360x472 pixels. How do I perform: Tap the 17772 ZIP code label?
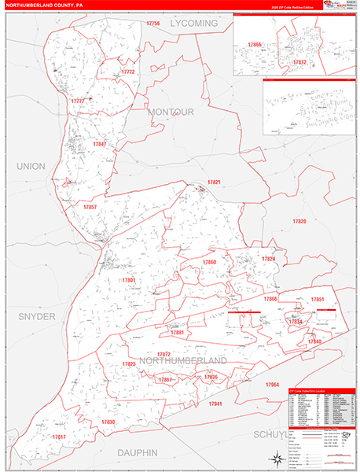pos(127,72)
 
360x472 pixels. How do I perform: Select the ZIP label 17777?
pos(77,102)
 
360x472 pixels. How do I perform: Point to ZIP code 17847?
pos(99,144)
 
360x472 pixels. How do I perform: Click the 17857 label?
pos(90,207)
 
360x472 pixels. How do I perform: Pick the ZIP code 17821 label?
pos(214,183)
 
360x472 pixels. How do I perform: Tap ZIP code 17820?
pos(299,222)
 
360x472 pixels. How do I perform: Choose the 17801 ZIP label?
pos(129,280)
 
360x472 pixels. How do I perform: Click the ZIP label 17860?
pos(209,262)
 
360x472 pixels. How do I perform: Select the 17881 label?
pos(177,333)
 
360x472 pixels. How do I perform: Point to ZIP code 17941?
pos(215,404)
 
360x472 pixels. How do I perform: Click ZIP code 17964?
pos(272,384)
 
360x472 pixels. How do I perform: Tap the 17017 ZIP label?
pos(59,437)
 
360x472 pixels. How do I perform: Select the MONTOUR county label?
pos(170,112)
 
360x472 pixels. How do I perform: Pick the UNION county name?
pos(31,167)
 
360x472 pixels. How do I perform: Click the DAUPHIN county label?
pos(138,452)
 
